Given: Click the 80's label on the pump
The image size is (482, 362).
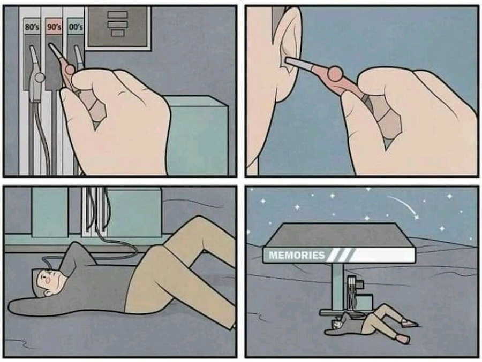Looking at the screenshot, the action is click(32, 27).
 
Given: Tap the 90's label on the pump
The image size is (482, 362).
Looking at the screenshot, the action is click(54, 27).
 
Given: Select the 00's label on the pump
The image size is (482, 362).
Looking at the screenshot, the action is click(76, 27).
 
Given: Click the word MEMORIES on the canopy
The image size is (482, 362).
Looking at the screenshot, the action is click(297, 255).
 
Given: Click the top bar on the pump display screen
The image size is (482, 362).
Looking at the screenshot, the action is click(117, 15).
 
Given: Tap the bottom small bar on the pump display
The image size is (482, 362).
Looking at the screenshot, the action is click(117, 33).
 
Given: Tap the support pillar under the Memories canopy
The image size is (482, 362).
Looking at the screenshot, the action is click(338, 286).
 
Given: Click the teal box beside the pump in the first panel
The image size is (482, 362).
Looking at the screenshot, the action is click(197, 135).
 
